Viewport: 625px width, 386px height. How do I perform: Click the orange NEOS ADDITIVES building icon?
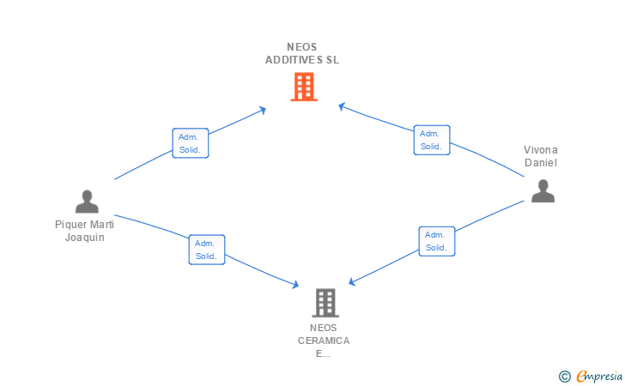click(304, 87)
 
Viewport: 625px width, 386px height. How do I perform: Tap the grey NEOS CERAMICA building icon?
click(325, 303)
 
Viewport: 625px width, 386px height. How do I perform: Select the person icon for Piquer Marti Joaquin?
click(87, 202)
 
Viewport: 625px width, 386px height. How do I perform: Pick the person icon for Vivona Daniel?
click(543, 190)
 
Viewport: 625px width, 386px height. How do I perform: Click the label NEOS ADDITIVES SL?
click(302, 53)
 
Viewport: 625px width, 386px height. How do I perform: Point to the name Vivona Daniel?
click(541, 156)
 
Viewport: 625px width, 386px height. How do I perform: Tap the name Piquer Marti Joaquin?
click(84, 231)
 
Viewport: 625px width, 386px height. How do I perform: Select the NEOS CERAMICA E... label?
click(324, 341)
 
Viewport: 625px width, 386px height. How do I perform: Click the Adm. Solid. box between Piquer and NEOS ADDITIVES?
click(190, 143)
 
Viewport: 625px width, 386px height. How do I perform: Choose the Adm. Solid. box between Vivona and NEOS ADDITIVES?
click(432, 140)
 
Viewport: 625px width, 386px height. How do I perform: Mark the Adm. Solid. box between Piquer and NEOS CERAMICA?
click(207, 250)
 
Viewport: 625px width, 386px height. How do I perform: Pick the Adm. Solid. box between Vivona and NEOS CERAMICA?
click(437, 241)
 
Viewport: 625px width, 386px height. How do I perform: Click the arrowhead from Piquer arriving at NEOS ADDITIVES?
click(263, 110)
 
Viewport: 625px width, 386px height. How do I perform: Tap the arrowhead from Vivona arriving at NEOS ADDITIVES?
click(341, 106)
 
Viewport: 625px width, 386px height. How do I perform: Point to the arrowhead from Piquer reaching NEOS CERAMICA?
click(295, 285)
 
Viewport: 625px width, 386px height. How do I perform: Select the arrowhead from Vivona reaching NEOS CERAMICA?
click(352, 281)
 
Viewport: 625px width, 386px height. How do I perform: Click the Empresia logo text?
click(599, 376)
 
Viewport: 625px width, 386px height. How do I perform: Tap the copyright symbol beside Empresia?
click(565, 377)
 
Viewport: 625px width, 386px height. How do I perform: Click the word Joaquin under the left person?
click(84, 238)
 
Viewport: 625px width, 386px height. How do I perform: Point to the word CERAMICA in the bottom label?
click(324, 341)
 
